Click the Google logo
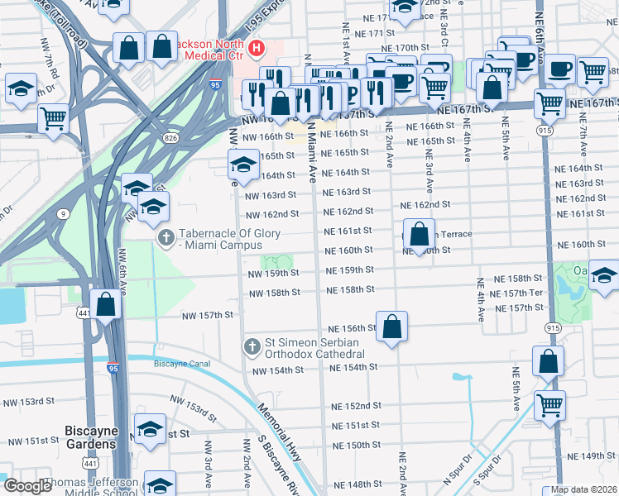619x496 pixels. (29, 486)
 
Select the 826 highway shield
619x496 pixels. (170, 136)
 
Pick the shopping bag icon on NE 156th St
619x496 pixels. (392, 326)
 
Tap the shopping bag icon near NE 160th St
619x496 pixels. (420, 235)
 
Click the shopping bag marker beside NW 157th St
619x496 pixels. (106, 304)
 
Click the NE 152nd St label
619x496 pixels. (357, 406)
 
